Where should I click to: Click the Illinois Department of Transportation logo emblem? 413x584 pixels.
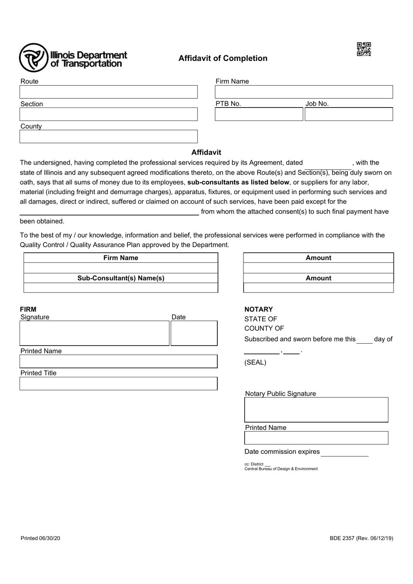[33, 58]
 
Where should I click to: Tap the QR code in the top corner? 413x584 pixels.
[364, 49]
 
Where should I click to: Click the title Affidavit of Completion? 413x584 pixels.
[223, 58]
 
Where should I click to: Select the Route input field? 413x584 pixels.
[108, 92]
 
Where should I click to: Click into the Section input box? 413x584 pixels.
[108, 114]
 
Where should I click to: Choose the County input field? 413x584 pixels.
[108, 137]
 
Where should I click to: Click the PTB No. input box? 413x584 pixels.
[259, 114]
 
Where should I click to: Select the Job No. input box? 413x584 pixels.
[349, 114]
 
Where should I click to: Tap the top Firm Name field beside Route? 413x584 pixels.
[303, 92]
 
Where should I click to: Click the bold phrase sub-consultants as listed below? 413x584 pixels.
[238, 182]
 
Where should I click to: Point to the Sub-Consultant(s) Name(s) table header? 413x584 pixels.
[121, 278]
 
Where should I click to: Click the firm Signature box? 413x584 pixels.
[94, 333]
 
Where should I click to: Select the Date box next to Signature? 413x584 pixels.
[194, 333]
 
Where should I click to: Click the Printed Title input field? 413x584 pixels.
[118, 383]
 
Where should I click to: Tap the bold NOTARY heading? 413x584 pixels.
[259, 309]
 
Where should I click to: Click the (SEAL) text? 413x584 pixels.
[255, 362]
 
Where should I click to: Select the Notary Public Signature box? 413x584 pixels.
[316, 409]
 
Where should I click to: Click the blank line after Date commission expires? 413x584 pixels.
[345, 453]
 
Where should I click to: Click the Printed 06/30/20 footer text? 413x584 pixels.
[40, 538]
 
